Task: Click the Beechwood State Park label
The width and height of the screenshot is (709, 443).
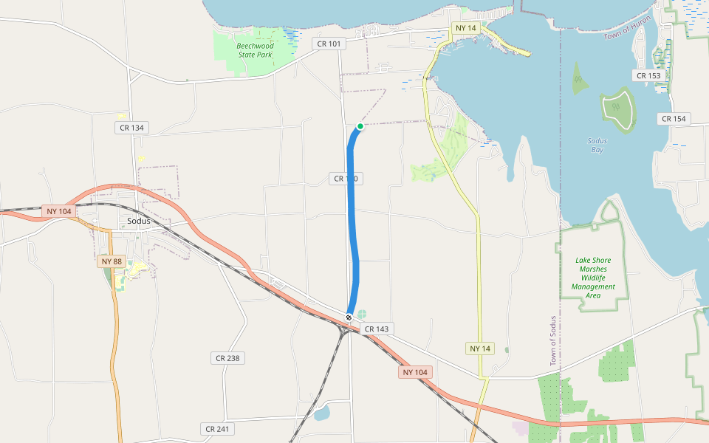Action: coord(255,50)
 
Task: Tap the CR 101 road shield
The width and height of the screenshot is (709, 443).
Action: coord(329,44)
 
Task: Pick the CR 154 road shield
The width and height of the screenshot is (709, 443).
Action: coord(674,119)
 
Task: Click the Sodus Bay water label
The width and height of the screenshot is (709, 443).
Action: coord(597,145)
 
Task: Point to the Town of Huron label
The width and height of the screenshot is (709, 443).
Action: coord(627,28)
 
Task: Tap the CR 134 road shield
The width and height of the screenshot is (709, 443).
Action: coord(131,128)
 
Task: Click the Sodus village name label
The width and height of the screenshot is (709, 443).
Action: coord(138,221)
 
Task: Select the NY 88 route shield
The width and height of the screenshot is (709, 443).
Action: coord(112,261)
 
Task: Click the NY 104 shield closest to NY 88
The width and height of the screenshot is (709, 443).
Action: coord(58,212)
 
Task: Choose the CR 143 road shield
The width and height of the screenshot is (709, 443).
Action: coord(377,328)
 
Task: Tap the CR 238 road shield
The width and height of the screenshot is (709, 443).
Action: coord(228,358)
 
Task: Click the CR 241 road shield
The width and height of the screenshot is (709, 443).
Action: coord(218,429)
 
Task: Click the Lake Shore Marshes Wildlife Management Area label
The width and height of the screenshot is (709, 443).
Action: coord(593,278)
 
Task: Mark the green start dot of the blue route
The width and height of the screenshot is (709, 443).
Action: coord(360,126)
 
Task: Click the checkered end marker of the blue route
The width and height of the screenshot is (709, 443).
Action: coord(349,317)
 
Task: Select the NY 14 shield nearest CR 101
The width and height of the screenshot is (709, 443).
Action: coord(466,28)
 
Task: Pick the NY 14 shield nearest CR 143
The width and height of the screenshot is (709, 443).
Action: coord(480,348)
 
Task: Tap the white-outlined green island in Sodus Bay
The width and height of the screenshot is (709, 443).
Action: coord(617,109)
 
